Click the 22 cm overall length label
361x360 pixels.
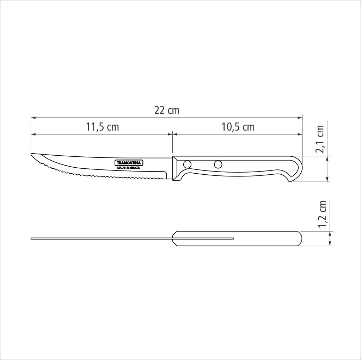click(167, 110)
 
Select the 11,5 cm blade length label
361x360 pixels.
click(102, 127)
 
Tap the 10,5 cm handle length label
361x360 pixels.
click(238, 127)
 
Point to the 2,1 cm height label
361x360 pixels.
click(319, 139)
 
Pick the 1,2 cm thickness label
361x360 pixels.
click(322, 214)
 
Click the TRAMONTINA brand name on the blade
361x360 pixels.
click(129, 163)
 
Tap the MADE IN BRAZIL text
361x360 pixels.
click(129, 168)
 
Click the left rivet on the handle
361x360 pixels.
click(187, 164)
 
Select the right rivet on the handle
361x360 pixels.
click(218, 164)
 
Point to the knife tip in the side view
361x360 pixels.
click(31, 154)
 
